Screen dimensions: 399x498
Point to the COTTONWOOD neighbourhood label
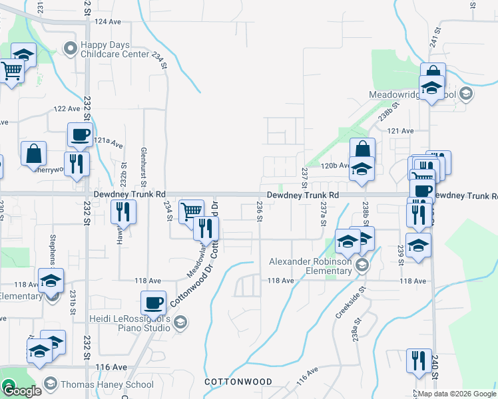238,382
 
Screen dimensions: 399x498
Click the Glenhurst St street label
143,162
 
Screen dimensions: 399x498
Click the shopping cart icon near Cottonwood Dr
191,211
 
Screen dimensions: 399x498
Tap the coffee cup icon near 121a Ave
80,135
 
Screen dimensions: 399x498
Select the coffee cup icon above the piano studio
153,303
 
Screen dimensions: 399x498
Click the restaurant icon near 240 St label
419,360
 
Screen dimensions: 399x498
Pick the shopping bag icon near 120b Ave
362,150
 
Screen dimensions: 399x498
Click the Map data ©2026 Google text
457,394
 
